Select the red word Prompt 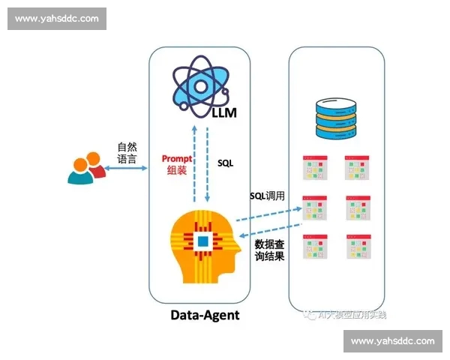[x=177, y=158]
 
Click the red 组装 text [x=177, y=171]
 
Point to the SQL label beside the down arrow [x=225, y=162]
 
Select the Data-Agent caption [x=205, y=315]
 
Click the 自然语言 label [x=127, y=153]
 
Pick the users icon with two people [x=85, y=168]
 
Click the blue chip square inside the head [x=202, y=241]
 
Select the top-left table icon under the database [x=314, y=169]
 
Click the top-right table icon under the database [x=358, y=169]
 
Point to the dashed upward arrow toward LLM [x=195, y=161]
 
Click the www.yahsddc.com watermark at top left [x=57, y=19]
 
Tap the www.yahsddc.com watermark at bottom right [x=392, y=341]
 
